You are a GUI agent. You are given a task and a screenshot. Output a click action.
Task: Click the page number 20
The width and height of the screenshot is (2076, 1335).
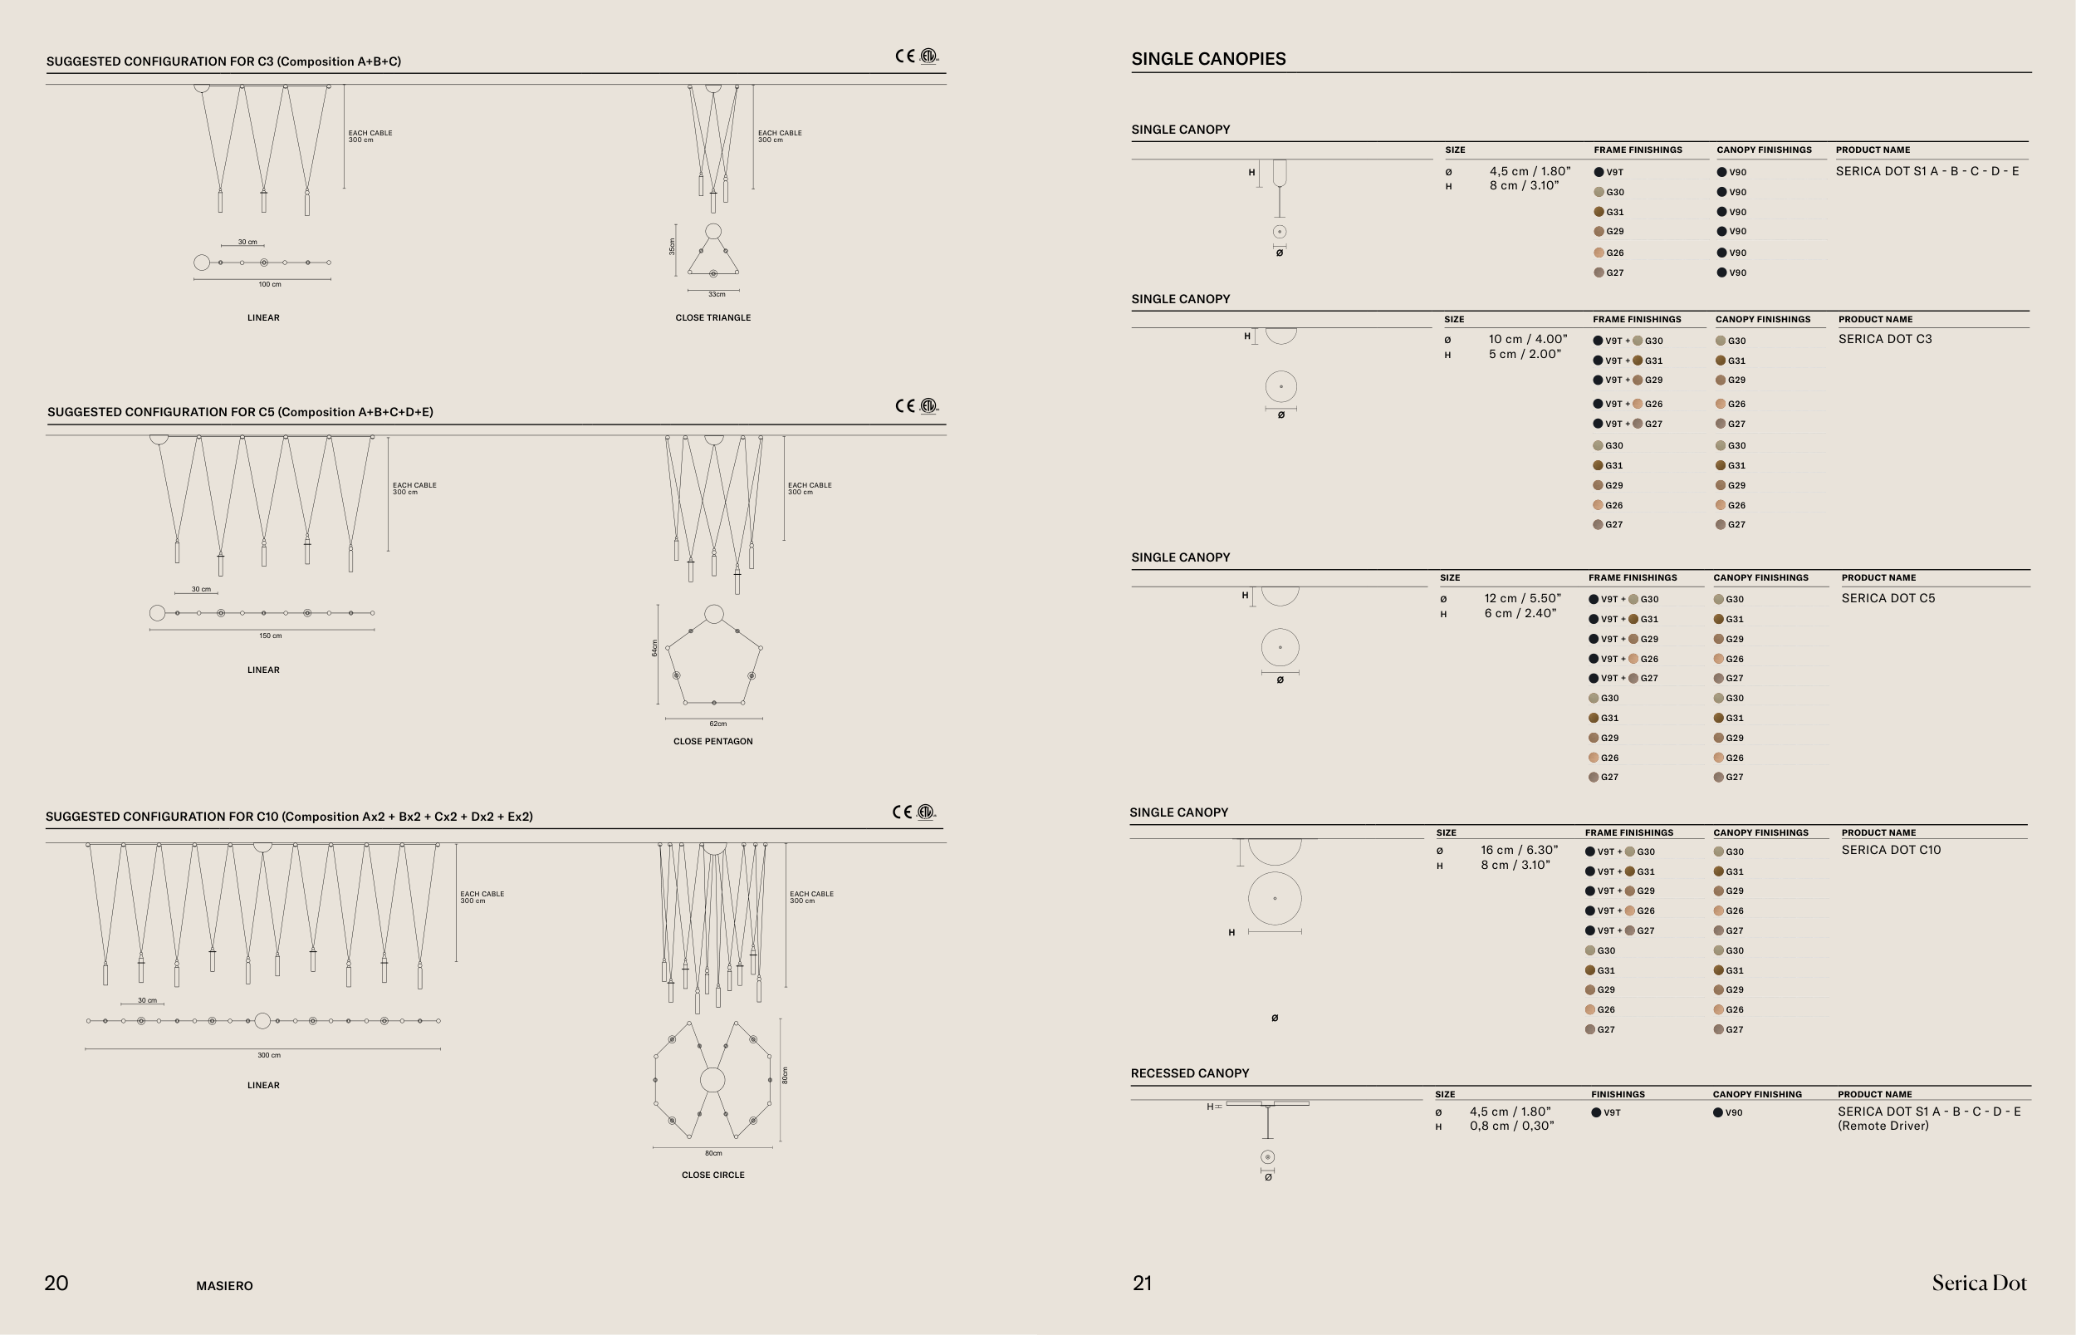tap(56, 1283)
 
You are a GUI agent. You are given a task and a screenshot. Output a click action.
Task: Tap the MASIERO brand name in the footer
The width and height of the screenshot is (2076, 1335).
tap(224, 1286)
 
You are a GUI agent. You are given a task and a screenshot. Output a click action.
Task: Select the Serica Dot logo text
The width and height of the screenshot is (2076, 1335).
tap(1979, 1283)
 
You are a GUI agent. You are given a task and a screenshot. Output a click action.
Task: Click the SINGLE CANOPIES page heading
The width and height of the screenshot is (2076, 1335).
tap(1209, 59)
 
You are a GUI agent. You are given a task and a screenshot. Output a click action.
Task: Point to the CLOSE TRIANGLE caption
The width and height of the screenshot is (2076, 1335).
tap(713, 317)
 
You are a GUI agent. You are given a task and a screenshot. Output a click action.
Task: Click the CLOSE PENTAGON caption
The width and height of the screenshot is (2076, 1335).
tap(713, 741)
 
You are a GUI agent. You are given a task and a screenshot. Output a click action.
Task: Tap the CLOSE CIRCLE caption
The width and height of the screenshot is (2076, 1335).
tap(713, 1175)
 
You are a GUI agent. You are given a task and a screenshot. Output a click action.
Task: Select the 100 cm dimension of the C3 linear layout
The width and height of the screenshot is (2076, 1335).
tap(269, 284)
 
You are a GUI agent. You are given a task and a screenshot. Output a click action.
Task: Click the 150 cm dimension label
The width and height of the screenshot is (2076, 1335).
tap(271, 636)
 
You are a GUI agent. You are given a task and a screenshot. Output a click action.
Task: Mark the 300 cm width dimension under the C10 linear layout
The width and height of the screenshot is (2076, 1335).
tap(268, 1055)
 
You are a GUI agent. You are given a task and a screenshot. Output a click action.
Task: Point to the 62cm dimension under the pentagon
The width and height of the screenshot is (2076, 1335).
tap(718, 724)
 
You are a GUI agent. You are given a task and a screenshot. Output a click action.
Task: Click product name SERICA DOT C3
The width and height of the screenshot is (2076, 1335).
tap(1885, 339)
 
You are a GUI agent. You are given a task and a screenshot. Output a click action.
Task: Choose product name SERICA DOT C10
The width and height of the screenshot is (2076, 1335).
tap(1892, 850)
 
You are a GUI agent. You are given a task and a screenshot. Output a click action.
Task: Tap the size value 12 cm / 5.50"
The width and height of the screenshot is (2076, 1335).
tap(1522, 598)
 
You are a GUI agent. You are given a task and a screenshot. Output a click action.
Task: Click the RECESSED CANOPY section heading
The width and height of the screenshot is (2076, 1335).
tap(1190, 1073)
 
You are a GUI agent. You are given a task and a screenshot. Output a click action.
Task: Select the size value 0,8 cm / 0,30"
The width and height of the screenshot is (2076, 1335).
tap(1512, 1126)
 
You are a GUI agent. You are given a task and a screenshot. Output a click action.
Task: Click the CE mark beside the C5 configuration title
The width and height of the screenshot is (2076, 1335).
tap(905, 405)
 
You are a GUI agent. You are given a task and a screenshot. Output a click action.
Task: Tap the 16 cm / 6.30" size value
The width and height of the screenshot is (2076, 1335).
tap(1519, 850)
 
